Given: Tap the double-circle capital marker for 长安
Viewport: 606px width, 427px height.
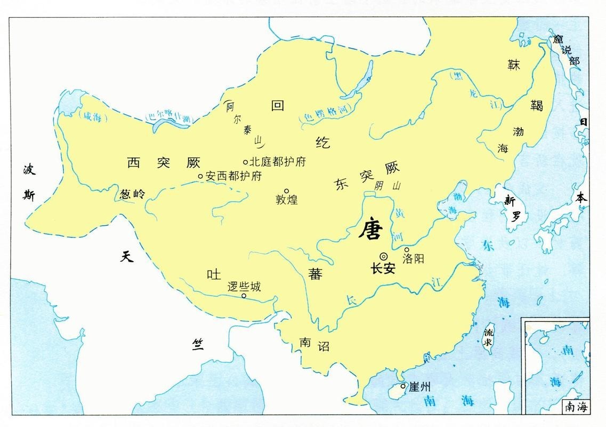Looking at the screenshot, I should (384, 256).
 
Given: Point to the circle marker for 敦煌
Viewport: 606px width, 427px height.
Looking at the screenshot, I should (286, 191).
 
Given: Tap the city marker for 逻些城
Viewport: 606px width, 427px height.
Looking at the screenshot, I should (244, 296).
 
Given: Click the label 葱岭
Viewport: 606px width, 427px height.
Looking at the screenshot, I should (133, 194).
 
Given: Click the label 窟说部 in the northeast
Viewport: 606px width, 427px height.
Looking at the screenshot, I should (567, 51).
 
